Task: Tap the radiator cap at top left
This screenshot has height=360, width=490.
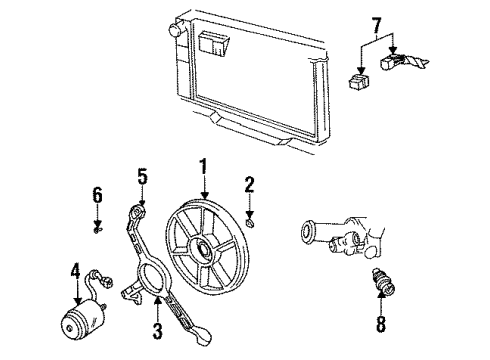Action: tap(176, 30)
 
